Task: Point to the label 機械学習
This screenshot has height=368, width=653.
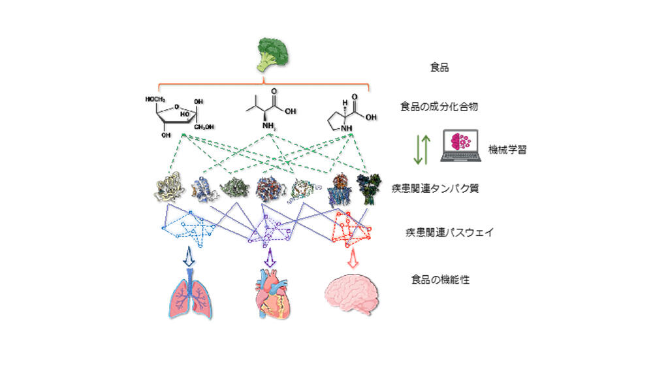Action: [507, 150]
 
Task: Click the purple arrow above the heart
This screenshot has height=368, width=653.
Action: [268, 258]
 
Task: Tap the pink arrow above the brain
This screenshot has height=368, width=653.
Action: [353, 258]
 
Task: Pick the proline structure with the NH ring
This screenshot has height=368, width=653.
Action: [350, 111]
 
